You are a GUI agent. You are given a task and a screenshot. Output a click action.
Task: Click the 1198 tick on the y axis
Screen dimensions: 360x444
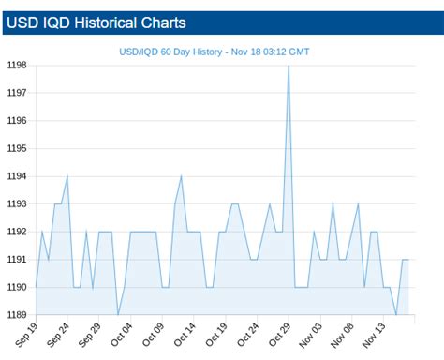(17, 66)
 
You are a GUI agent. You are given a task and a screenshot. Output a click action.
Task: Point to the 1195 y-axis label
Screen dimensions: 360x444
(17, 148)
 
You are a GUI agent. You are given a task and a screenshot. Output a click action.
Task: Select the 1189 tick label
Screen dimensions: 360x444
(17, 314)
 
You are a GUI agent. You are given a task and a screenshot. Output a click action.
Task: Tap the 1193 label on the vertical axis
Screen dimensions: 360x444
(17, 203)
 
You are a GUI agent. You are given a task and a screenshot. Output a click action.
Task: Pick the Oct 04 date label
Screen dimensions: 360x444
(122, 333)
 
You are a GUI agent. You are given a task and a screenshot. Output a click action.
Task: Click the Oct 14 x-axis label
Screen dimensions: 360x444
(185, 333)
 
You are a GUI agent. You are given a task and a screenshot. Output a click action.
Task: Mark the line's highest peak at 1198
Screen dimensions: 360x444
(289, 66)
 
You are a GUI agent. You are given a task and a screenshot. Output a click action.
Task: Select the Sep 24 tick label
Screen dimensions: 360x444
(58, 333)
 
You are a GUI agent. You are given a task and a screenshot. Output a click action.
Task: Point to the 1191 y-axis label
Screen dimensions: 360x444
(17, 259)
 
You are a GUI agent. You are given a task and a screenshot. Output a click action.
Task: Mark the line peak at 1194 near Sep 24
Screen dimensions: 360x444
(67, 176)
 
